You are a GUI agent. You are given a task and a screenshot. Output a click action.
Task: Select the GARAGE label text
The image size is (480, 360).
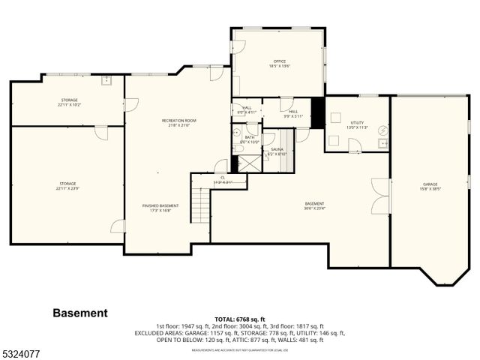click(x=430, y=186)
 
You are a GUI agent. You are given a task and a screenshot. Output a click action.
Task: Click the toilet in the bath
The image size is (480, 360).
click(x=238, y=149)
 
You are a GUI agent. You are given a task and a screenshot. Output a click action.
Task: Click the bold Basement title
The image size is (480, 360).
click(x=80, y=313)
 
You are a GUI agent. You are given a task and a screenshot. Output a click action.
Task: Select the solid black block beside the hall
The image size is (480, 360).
click(x=317, y=112)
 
